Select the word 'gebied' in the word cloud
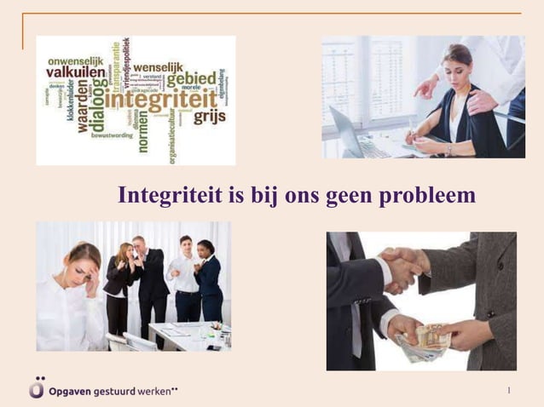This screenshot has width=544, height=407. [191, 78]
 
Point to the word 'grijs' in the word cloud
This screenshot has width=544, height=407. [208, 117]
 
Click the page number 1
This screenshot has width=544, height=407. [508, 391]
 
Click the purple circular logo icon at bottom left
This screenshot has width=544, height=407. [36, 388]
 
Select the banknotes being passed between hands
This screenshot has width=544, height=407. [426, 339]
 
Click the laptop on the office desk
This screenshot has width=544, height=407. [350, 133]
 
